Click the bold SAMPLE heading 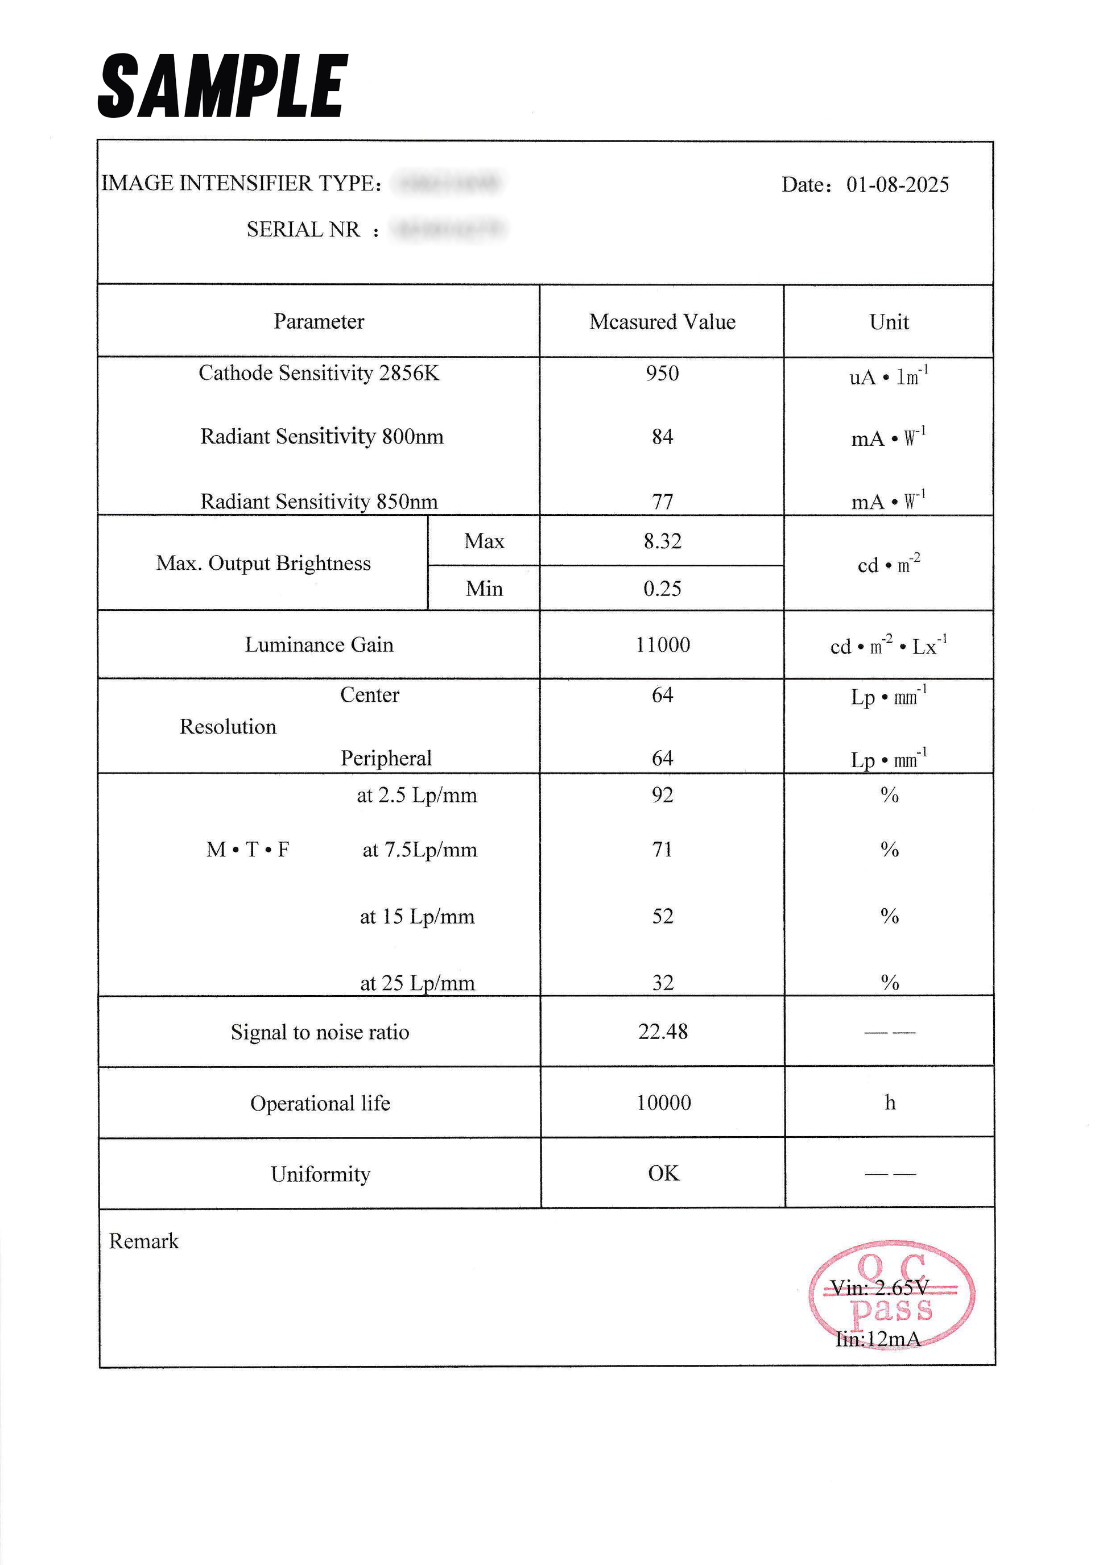(223, 86)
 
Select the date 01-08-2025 (897, 185)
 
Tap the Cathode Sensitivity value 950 (662, 374)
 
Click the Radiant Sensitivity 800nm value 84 (662, 437)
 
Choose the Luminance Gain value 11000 (663, 645)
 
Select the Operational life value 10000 (663, 1103)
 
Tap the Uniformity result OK (663, 1174)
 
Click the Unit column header (889, 322)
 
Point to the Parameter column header (319, 322)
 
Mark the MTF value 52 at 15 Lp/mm (663, 916)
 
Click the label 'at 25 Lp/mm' (417, 983)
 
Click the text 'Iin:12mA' (878, 1339)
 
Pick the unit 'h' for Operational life (890, 1103)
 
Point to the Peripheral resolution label (386, 758)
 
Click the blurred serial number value (450, 229)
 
